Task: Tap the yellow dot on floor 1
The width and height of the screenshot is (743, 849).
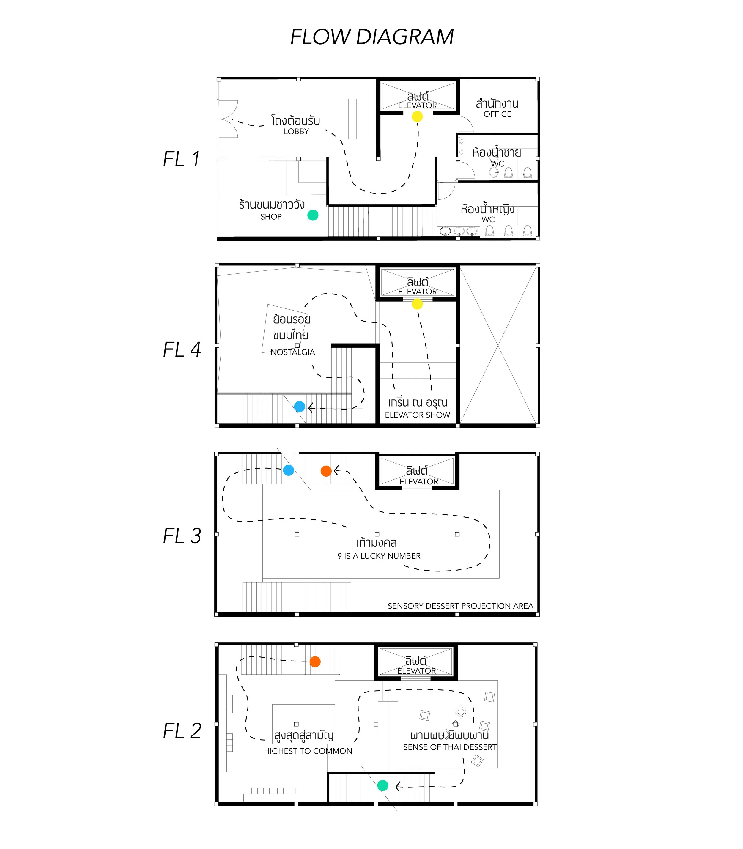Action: pyautogui.click(x=417, y=117)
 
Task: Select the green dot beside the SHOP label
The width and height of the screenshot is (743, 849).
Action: pyautogui.click(x=313, y=215)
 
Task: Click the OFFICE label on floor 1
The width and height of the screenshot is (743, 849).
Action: pyautogui.click(x=497, y=114)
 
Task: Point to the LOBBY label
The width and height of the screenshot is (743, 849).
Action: pyautogui.click(x=296, y=131)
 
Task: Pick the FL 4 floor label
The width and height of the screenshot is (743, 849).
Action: pyautogui.click(x=182, y=349)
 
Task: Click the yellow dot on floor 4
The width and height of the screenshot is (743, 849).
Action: pyautogui.click(x=417, y=304)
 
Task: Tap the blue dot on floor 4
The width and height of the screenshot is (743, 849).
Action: pyautogui.click(x=299, y=407)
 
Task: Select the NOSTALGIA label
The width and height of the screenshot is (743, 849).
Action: pyautogui.click(x=293, y=352)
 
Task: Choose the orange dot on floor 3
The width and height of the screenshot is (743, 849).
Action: pyautogui.click(x=326, y=471)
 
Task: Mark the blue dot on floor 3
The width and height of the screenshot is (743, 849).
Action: pyautogui.click(x=289, y=470)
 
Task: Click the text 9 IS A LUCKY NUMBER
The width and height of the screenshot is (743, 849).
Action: pyautogui.click(x=379, y=556)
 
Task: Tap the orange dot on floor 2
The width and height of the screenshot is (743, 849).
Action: pyautogui.click(x=315, y=661)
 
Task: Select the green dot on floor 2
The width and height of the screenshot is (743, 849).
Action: pyautogui.click(x=383, y=785)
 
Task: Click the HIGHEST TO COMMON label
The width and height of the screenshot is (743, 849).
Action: pyautogui.click(x=308, y=751)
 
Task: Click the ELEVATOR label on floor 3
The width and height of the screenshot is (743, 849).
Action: pyautogui.click(x=419, y=481)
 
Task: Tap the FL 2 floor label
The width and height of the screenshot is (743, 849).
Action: pyautogui.click(x=182, y=731)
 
